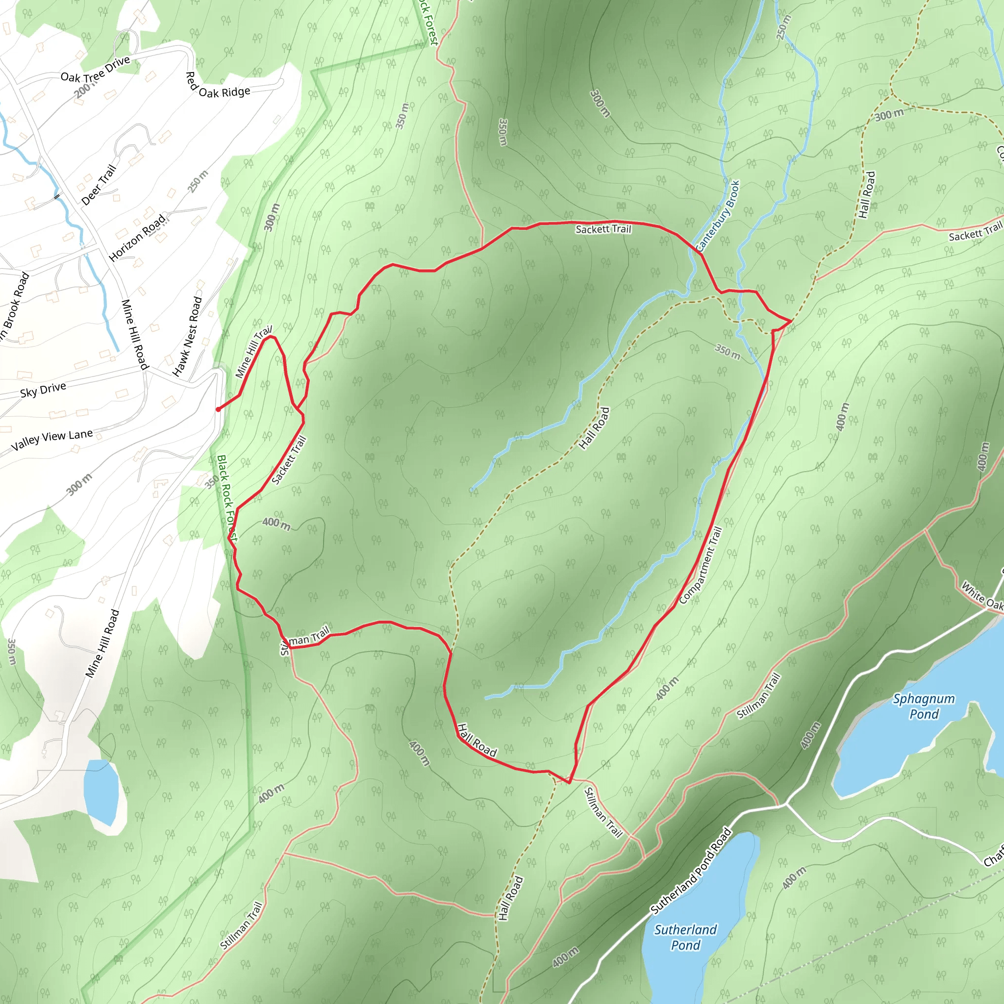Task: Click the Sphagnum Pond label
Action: (924, 706)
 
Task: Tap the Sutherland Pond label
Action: (685, 937)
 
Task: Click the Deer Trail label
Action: (99, 184)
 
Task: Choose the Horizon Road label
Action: (137, 237)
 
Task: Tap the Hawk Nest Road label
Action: (188, 336)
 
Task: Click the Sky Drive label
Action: (43, 389)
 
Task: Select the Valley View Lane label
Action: (52, 440)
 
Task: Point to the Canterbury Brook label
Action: (718, 216)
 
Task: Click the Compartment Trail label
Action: (701, 565)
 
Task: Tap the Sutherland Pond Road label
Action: (691, 871)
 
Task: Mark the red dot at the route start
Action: (218, 409)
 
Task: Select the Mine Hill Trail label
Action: (253, 352)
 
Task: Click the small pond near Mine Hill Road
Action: (101, 791)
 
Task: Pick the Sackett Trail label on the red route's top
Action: (603, 229)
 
